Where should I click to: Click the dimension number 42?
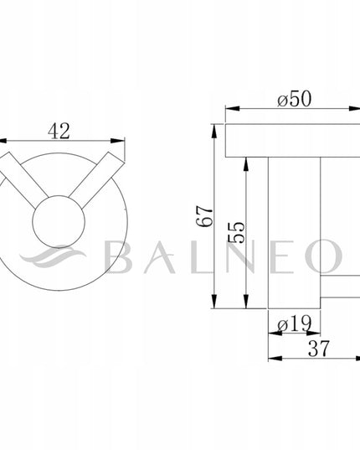coord(59,132)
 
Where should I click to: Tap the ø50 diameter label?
coord(294,99)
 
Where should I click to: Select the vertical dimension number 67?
coord(205,216)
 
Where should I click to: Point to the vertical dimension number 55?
coord(236,232)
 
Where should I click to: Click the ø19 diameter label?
coord(295,323)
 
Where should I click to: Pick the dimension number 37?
coord(319,349)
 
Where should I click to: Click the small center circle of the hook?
coord(59,221)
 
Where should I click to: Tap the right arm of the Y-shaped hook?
coord(95,179)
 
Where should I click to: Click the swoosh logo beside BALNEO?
coord(53,256)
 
